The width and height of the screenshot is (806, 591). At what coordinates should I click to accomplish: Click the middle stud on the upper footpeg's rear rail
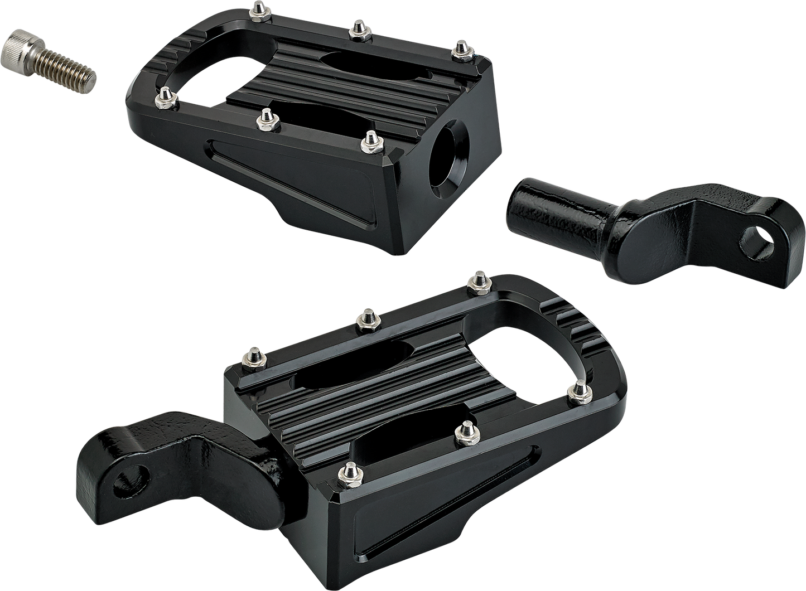pos(355,30)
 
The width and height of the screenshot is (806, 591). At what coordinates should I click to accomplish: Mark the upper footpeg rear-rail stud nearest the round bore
pos(460,48)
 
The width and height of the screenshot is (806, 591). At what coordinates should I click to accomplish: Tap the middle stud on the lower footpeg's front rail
pos(462,434)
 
